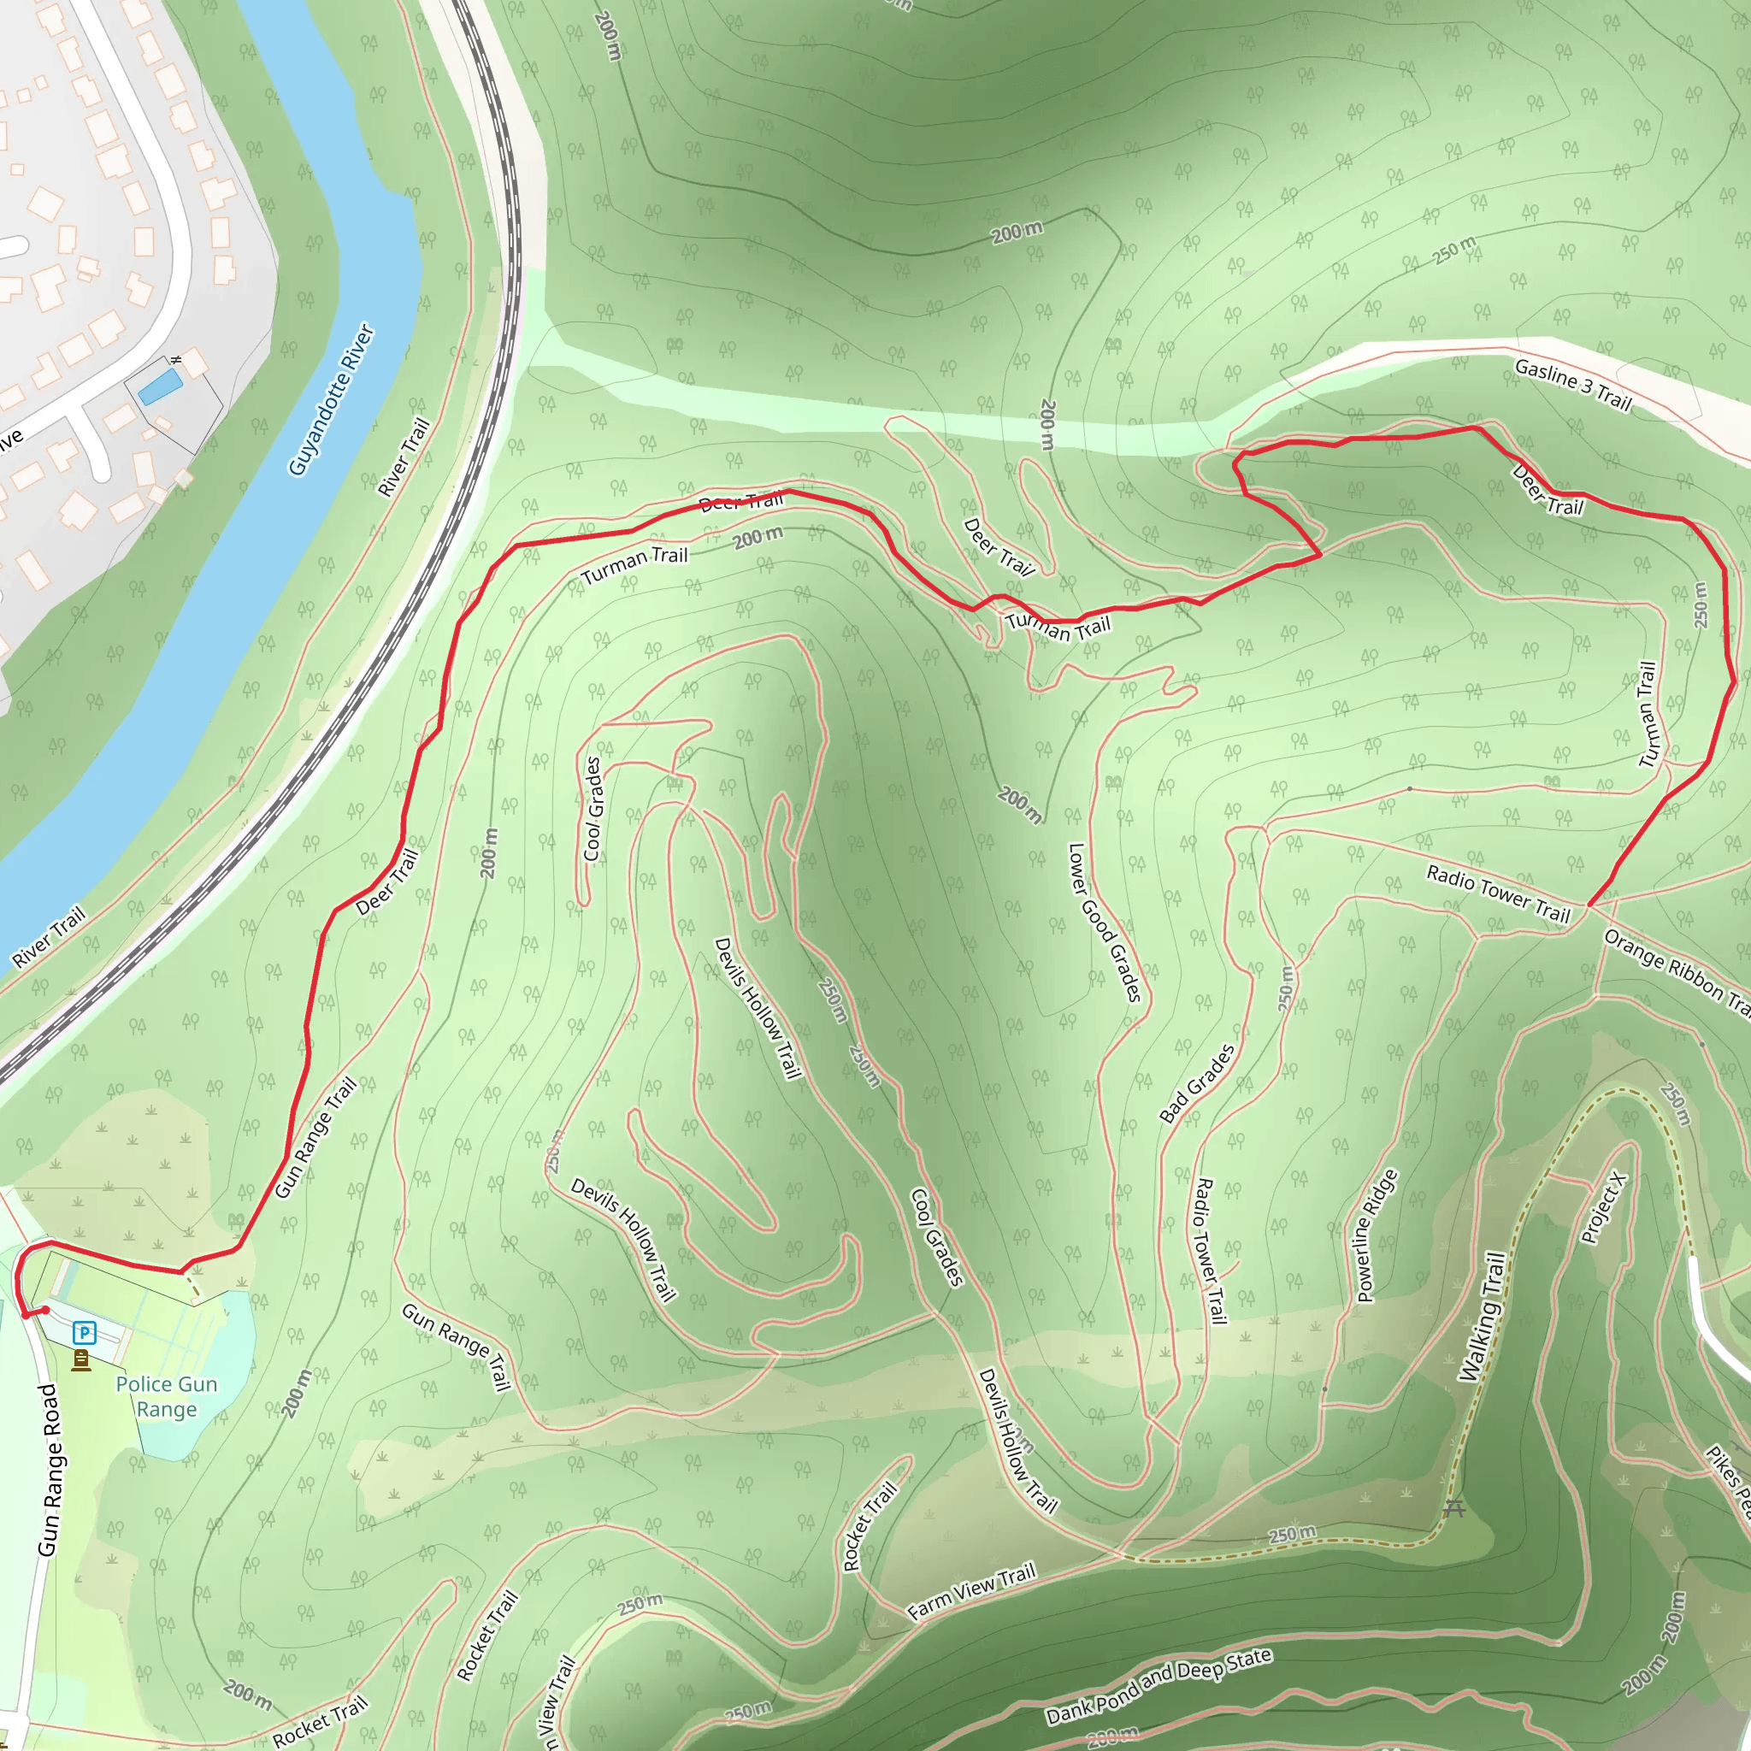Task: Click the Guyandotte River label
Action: point(332,398)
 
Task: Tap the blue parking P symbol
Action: point(85,1332)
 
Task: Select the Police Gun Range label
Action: point(167,1397)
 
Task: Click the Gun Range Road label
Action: point(50,1470)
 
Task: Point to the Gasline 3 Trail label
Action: point(1572,384)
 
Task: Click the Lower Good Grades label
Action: point(1104,923)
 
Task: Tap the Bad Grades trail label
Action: point(1197,1084)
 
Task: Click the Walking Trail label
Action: point(1482,1317)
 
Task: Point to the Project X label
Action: point(1603,1208)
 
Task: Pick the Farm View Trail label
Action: point(971,1591)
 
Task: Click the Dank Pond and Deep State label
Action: point(1158,1686)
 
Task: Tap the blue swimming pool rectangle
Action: point(161,387)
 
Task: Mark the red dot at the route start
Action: point(45,1310)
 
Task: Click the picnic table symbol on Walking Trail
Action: point(1454,1508)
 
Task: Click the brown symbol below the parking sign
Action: point(81,1360)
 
